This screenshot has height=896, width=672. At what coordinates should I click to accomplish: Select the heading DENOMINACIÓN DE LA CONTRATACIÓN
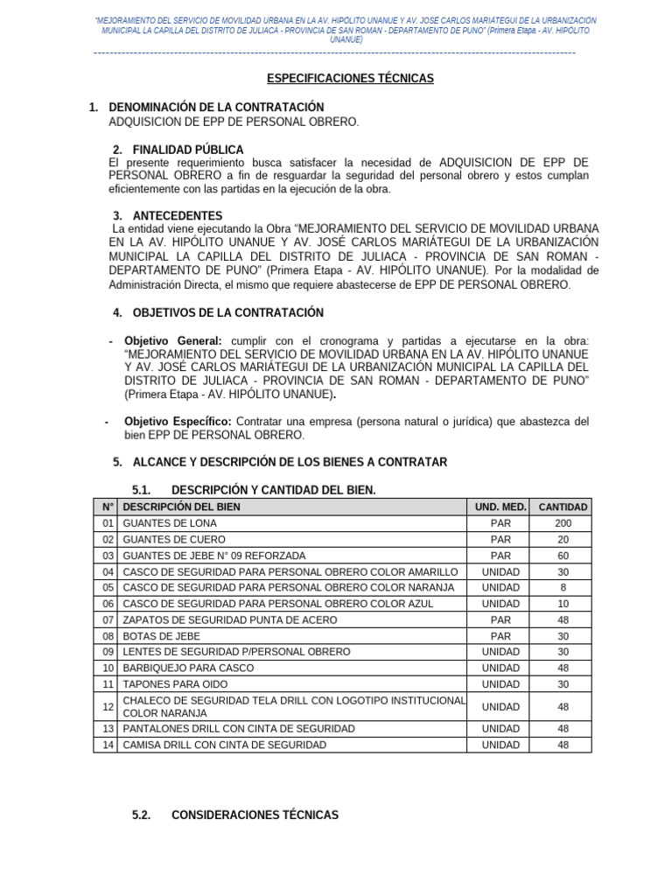click(x=216, y=107)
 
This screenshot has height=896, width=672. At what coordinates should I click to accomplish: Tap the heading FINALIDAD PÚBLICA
click(x=188, y=150)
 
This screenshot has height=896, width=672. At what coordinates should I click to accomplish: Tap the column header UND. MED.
click(x=500, y=507)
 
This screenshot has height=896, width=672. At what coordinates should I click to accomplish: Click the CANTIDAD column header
click(x=563, y=507)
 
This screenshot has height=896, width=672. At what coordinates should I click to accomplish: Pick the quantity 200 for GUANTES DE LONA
click(x=563, y=523)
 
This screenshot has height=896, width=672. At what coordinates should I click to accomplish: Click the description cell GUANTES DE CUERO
click(x=174, y=540)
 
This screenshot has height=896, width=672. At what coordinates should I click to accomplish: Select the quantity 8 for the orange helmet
click(x=563, y=587)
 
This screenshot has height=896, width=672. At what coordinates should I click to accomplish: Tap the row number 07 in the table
click(x=108, y=619)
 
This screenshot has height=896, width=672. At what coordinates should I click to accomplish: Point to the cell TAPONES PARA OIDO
click(x=171, y=683)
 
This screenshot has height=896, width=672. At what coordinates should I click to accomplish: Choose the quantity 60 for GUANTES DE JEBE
click(x=563, y=556)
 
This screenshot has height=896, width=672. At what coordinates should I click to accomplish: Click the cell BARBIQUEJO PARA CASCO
click(x=188, y=668)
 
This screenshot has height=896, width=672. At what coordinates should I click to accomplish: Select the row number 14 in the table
click(x=108, y=745)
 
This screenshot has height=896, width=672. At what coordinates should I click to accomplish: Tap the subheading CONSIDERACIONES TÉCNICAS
click(x=255, y=815)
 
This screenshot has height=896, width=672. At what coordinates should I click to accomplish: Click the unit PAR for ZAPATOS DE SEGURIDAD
click(x=500, y=619)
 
